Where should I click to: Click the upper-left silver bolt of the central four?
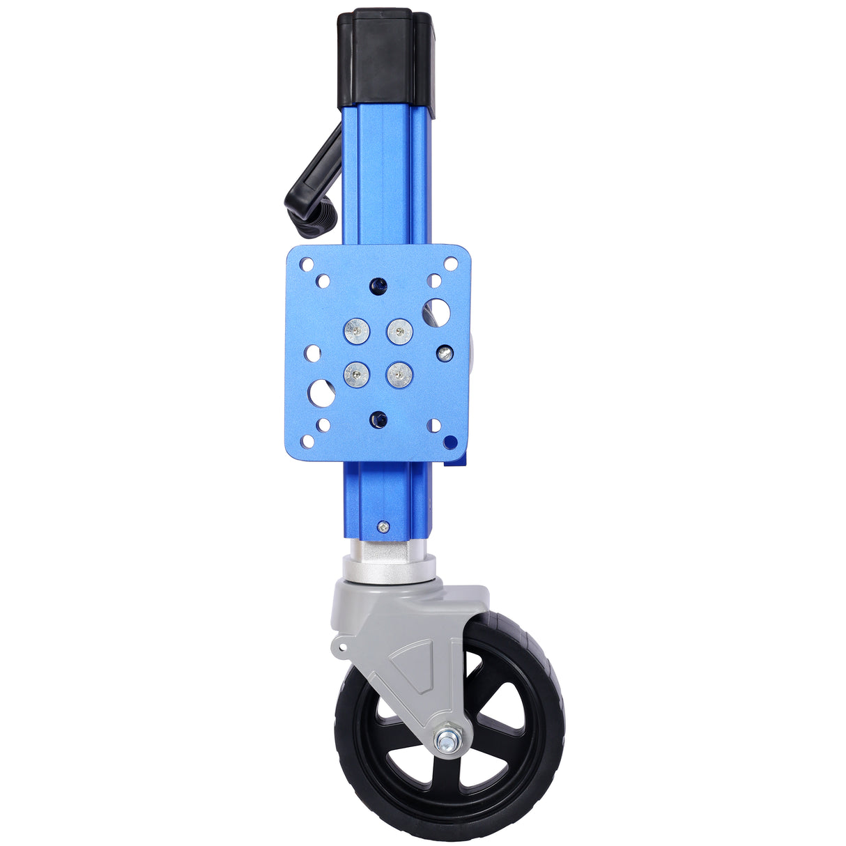coord(357,330)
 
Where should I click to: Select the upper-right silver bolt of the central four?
coord(399,330)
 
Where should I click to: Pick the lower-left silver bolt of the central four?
coord(356,375)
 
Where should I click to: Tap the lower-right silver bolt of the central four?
coord(399,375)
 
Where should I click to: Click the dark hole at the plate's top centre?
coord(378,285)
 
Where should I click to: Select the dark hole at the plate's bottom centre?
coord(378,420)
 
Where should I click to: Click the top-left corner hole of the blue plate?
coord(305,265)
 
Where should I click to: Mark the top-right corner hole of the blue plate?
coord(450,264)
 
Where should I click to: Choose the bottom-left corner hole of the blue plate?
coord(305,441)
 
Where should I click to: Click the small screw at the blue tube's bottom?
coord(382,527)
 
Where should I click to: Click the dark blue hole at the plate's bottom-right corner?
coord(451,441)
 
